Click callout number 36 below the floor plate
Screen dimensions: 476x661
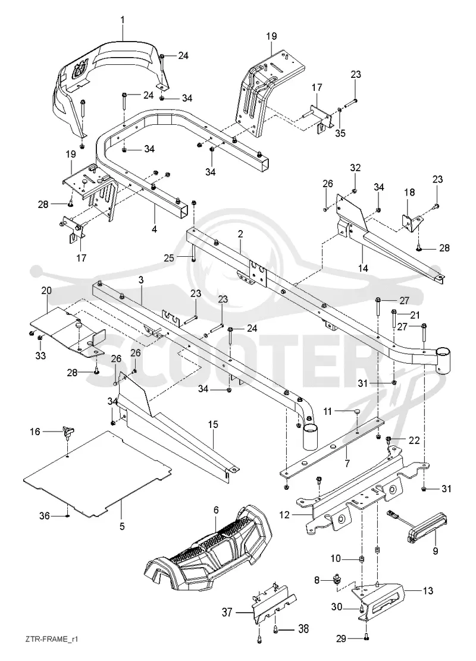45,515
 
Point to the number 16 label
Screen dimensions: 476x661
35,432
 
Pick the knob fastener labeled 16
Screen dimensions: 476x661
68,432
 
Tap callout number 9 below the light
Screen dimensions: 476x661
436,550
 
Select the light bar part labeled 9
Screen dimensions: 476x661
424,525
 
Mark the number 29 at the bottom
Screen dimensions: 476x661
341,638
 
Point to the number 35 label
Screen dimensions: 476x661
340,133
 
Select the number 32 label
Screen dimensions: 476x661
355,168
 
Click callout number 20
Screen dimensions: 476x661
46,291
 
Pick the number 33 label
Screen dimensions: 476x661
40,356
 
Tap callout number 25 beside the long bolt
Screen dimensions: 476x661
169,257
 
